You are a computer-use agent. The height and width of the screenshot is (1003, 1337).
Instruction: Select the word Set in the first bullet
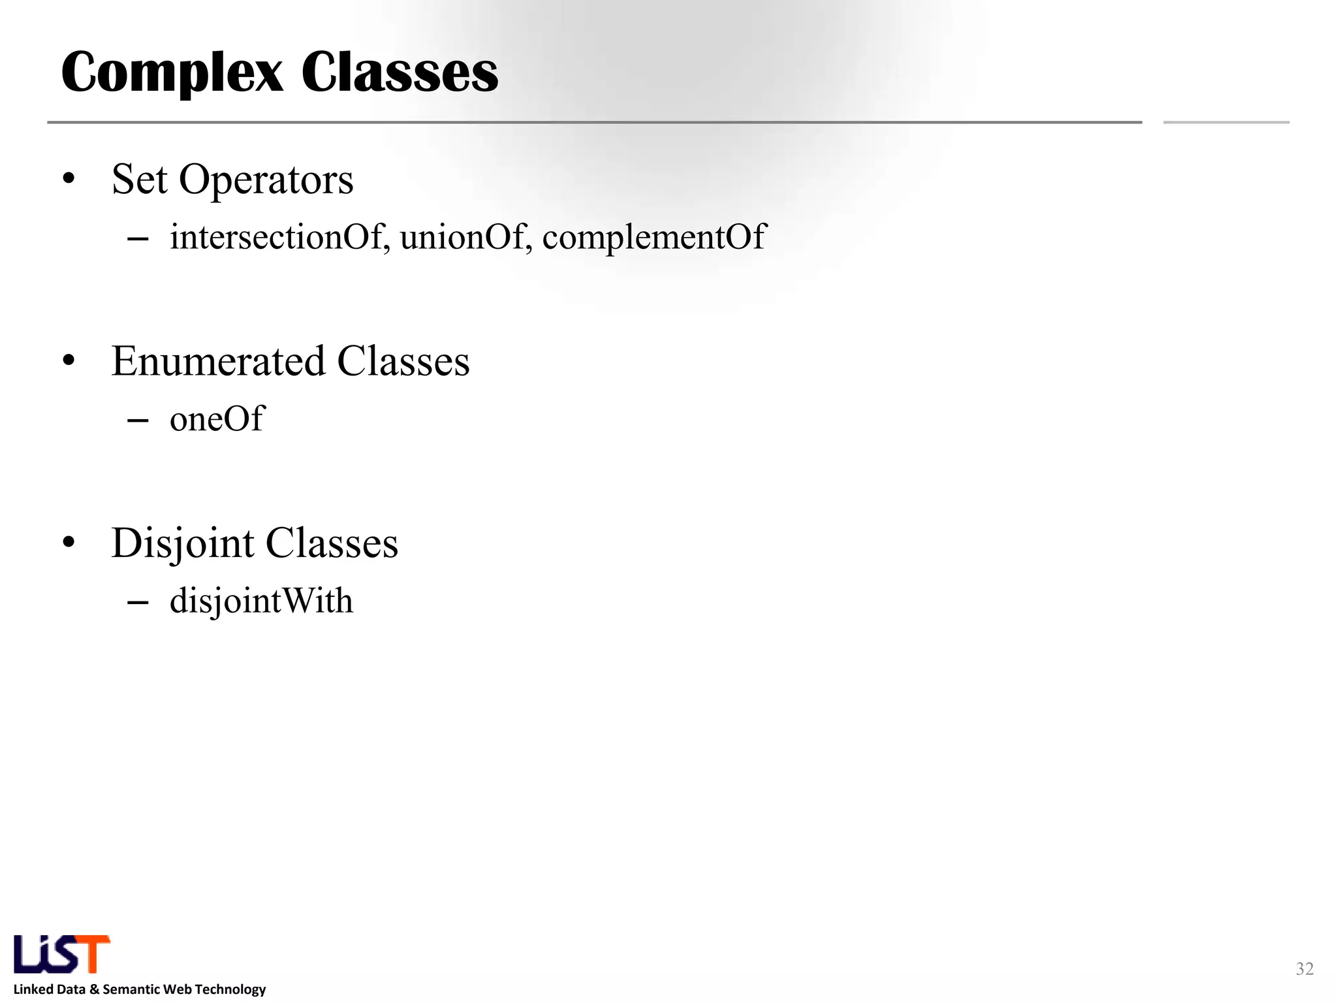139,179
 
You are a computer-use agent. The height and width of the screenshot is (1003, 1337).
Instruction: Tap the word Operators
266,180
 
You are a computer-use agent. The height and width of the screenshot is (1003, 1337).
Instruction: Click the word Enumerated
218,361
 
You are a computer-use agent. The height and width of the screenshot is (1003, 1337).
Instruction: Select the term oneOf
217,419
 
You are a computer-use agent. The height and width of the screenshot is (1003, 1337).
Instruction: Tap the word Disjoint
182,543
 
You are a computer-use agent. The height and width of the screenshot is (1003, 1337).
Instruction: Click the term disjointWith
261,600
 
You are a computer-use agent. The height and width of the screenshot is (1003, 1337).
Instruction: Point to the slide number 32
1304,968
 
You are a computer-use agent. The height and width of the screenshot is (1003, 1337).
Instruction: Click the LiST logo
62,954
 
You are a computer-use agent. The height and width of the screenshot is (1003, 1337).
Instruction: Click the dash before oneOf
138,421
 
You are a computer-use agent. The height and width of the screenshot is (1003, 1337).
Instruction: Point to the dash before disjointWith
138,602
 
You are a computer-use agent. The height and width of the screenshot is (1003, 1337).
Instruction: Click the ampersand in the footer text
94,989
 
